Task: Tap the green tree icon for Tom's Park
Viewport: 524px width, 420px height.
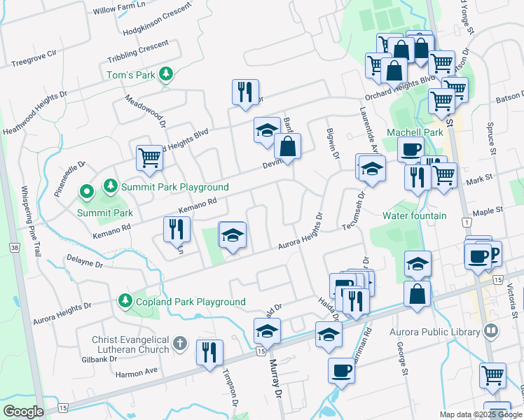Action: click(x=165, y=73)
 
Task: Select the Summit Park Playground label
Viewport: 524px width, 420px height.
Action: click(x=174, y=187)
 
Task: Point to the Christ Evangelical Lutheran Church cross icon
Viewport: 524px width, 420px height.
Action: click(x=180, y=343)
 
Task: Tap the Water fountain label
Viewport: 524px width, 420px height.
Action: click(x=414, y=216)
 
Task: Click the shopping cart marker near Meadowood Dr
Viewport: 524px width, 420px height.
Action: click(x=150, y=158)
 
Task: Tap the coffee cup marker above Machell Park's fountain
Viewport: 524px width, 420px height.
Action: click(x=411, y=148)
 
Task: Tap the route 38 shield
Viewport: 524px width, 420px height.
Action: click(x=14, y=248)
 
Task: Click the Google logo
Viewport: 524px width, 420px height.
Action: click(x=23, y=411)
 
